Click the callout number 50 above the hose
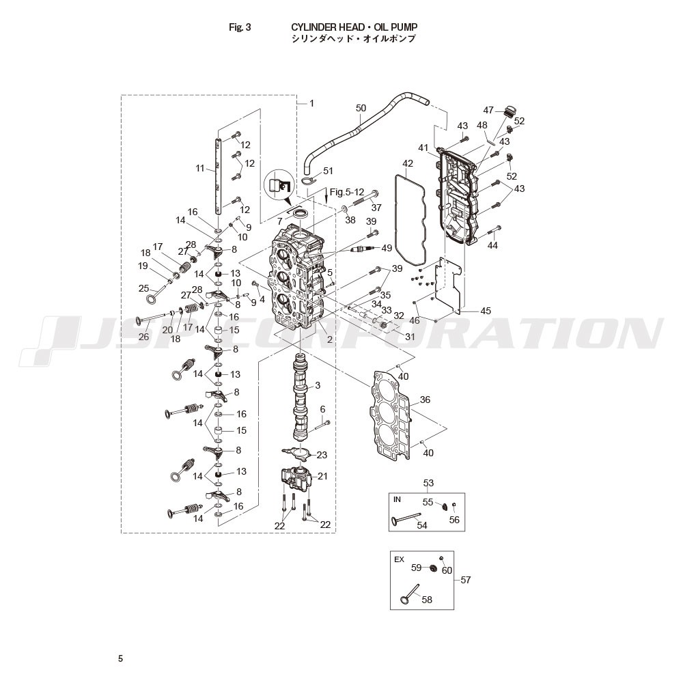[x=361, y=108]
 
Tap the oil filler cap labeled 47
[x=508, y=111]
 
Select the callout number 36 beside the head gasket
[x=425, y=400]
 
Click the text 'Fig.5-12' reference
[x=347, y=192]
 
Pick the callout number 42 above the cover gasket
[x=408, y=163]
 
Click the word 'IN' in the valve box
[x=397, y=500]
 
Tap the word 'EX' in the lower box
[x=399, y=560]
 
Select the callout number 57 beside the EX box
[x=466, y=580]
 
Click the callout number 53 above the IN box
[x=429, y=483]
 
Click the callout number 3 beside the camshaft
[x=318, y=385]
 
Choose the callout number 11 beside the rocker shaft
[x=200, y=168]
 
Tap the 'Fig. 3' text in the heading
[x=240, y=27]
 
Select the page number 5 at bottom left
[x=121, y=658]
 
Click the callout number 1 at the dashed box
[x=311, y=103]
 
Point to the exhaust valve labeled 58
[x=409, y=595]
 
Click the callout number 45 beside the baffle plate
[x=485, y=311]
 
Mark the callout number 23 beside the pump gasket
[x=322, y=455]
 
